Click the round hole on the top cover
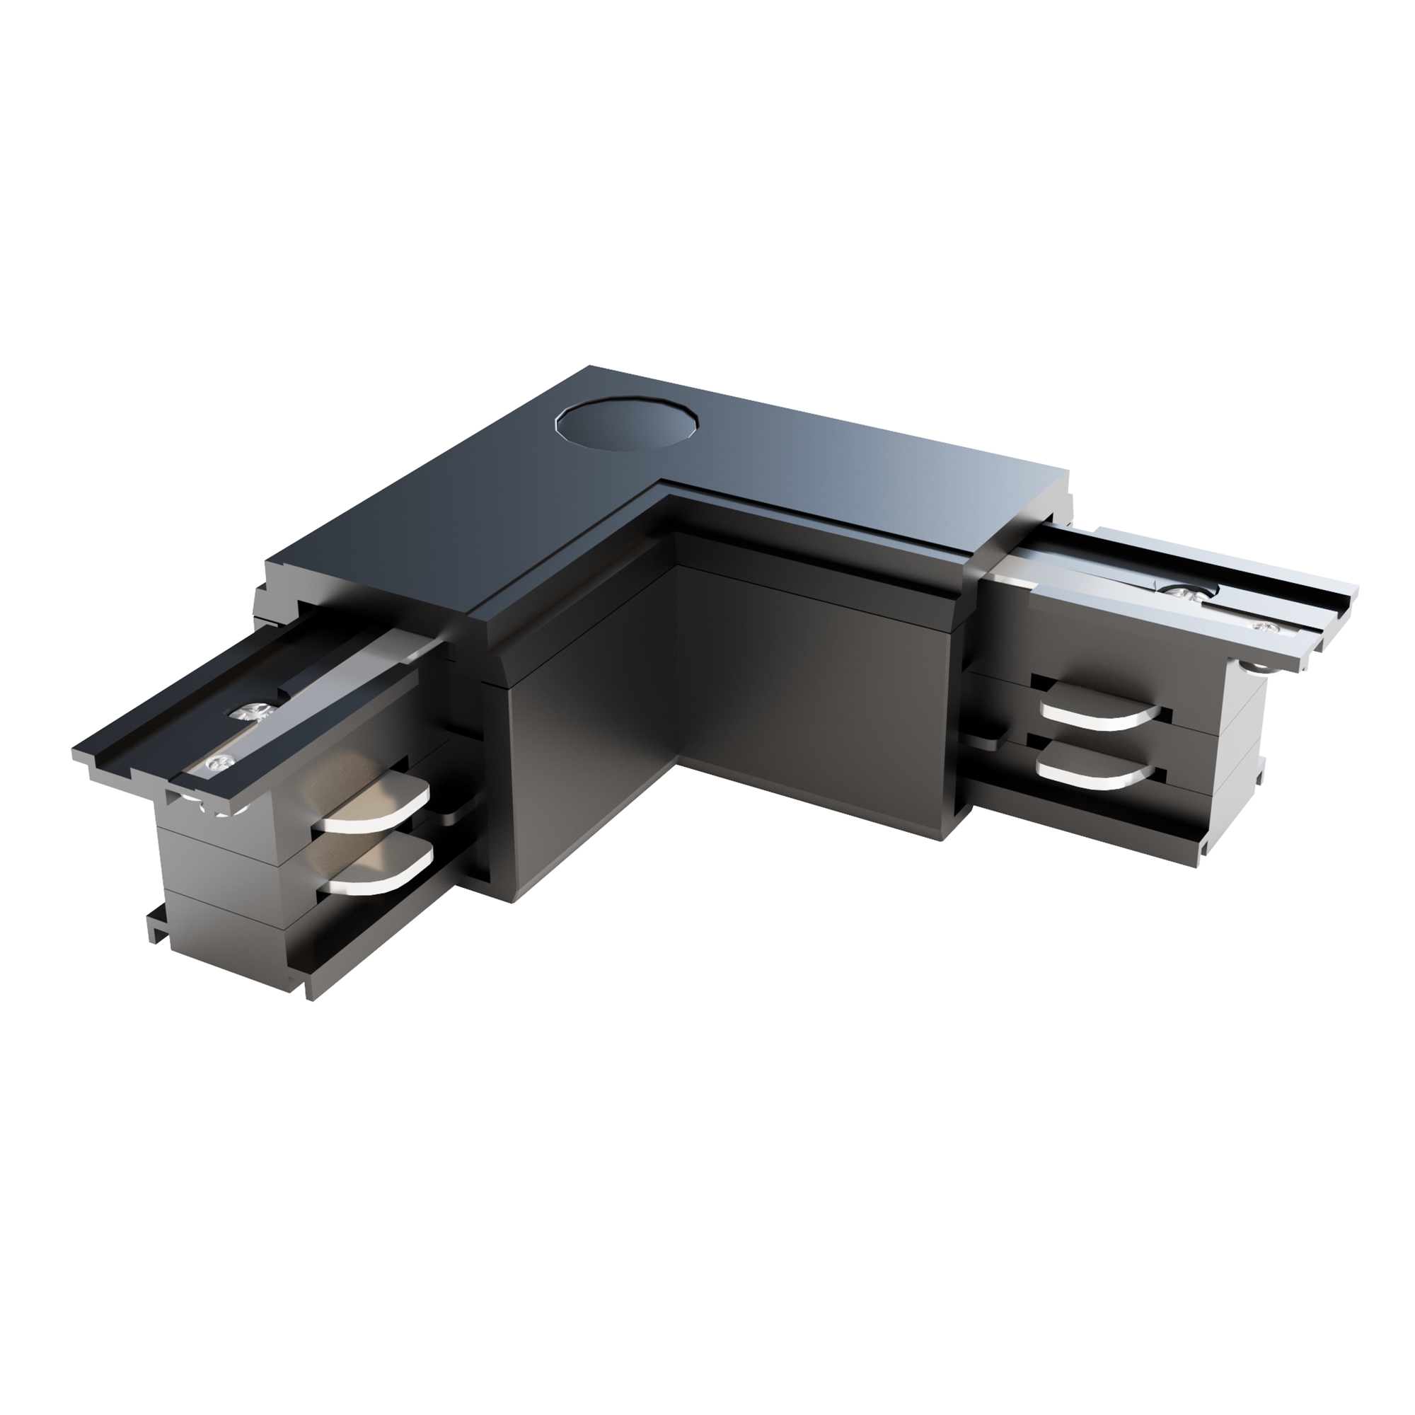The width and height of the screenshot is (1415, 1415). pos(627,423)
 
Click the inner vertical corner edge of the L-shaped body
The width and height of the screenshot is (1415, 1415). pos(675,659)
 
